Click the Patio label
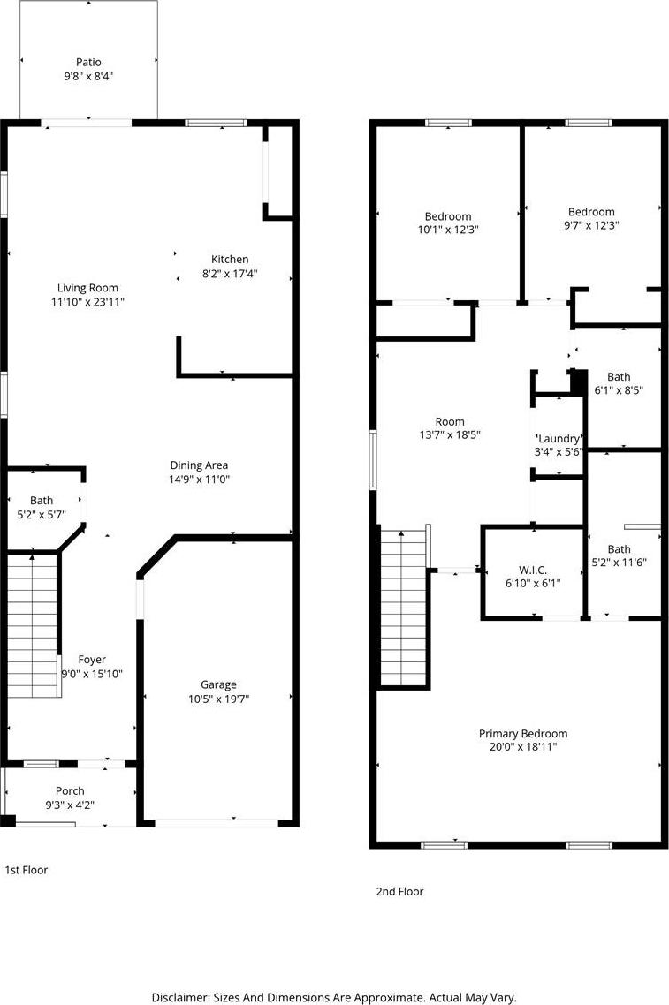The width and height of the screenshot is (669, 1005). (88, 62)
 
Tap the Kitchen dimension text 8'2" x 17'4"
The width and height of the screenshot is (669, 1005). (230, 273)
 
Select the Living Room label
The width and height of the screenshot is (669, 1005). (87, 289)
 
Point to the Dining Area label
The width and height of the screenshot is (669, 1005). (199, 465)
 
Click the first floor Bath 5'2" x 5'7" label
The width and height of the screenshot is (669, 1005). (42, 507)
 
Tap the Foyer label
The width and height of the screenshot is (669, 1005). (92, 660)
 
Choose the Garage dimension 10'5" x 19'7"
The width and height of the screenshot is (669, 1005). (218, 699)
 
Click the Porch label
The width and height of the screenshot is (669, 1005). (70, 791)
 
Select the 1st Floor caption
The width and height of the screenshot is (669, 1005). (27, 870)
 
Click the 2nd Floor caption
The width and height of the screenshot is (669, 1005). (399, 892)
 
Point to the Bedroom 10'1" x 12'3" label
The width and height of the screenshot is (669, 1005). (448, 223)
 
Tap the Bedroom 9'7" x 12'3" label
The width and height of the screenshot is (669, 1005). (591, 218)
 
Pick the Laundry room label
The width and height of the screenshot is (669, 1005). (559, 438)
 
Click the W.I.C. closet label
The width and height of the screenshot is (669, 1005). (533, 570)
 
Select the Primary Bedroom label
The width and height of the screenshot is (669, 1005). (523, 733)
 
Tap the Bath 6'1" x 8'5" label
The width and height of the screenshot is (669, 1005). (619, 383)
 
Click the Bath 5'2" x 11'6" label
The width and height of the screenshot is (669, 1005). (619, 555)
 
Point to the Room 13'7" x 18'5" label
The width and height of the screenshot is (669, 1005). (450, 428)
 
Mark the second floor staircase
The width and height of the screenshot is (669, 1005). (404, 608)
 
